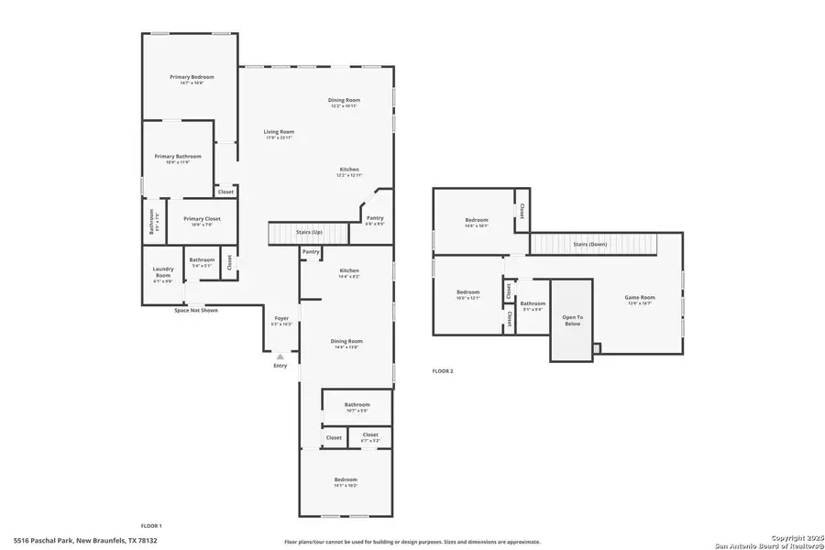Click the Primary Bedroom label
pos(192,77)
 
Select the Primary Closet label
pos(200,218)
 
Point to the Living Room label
pos(279,132)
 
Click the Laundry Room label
pos(162,272)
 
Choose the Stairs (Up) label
pos(309,233)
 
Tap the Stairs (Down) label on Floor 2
pos(590,245)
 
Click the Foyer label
pos(281,318)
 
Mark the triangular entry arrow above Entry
pos(280,356)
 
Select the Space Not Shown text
pos(196,310)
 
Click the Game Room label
pos(640,297)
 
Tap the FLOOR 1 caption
pos(150,525)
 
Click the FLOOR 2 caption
pos(443,371)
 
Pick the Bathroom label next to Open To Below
pos(533,303)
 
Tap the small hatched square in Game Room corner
pos(597,348)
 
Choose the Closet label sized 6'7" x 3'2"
pos(370,435)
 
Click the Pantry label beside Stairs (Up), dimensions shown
pos(375,218)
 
